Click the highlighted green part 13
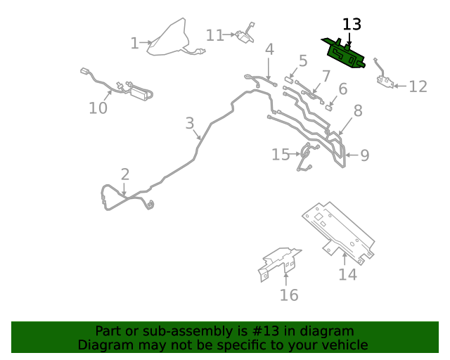point(345,54)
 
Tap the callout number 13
point(352,25)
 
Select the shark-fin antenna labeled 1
point(169,38)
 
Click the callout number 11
point(215,36)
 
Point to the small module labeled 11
point(245,34)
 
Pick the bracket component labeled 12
point(384,75)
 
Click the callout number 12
point(418,86)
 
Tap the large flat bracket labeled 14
point(338,233)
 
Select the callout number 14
point(347,274)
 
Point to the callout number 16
point(289,295)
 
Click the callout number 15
point(281,155)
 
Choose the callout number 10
point(98,108)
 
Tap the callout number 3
point(190,123)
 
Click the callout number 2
point(125,174)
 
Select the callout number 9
point(364,155)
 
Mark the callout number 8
point(358,110)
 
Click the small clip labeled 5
point(289,80)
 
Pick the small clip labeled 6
point(329,108)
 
